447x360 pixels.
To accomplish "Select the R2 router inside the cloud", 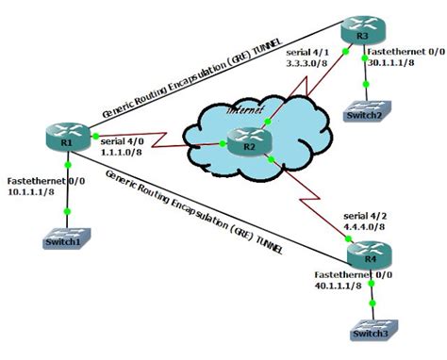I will (x=242, y=146).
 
